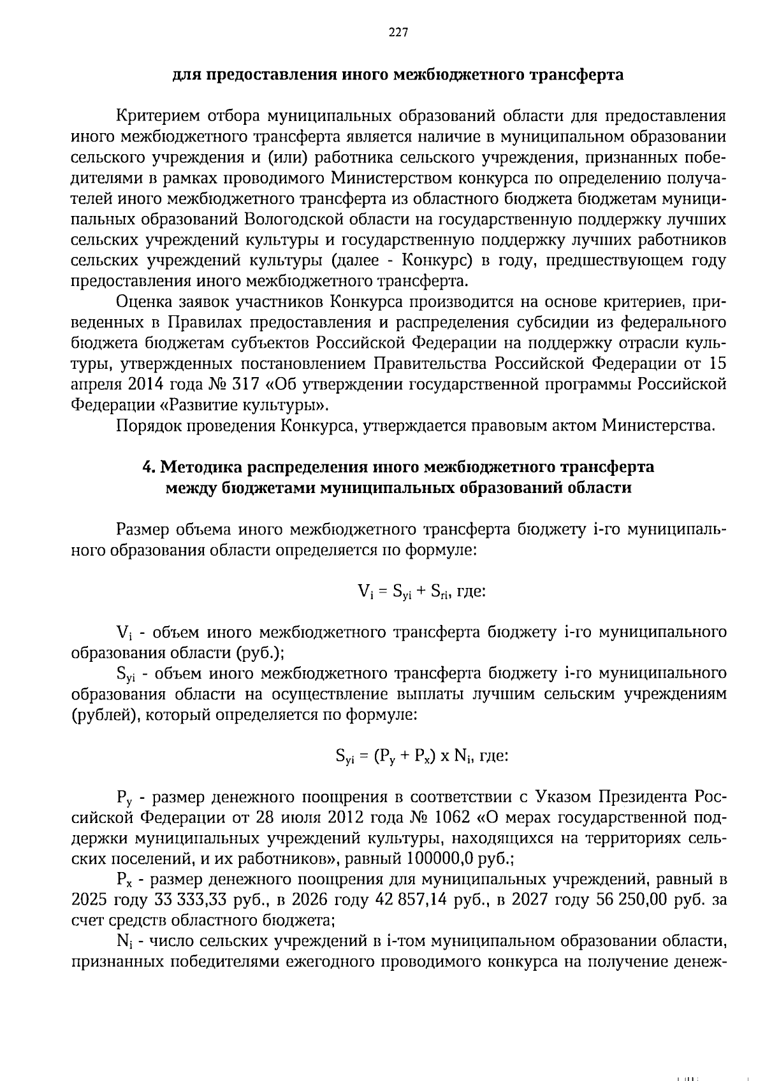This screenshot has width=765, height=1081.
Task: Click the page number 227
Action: [x=398, y=33]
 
